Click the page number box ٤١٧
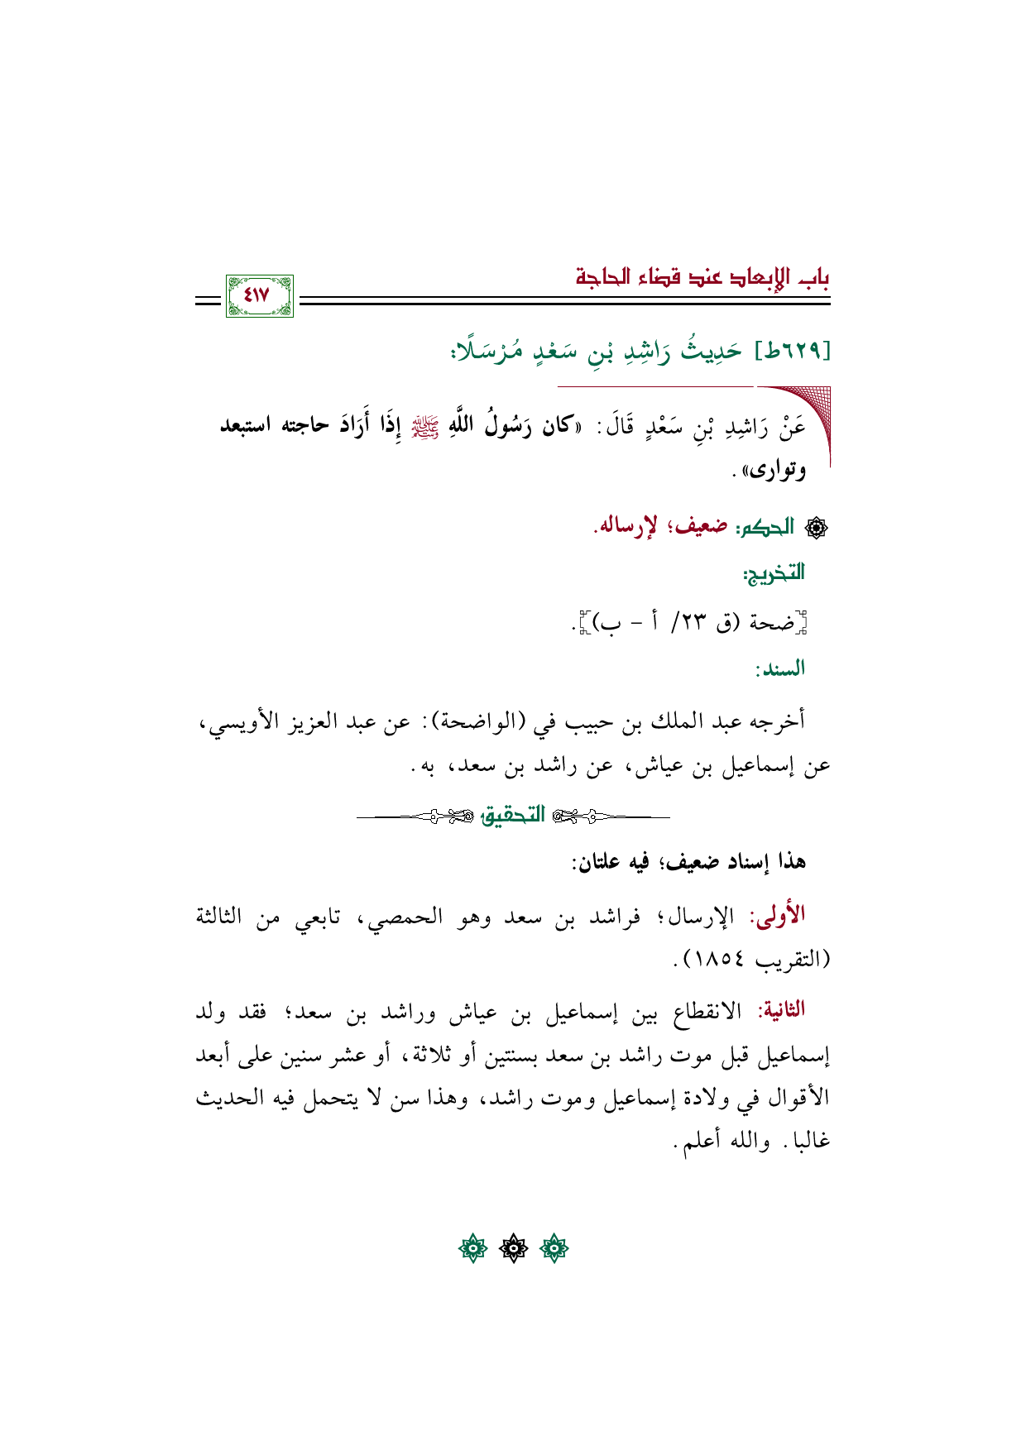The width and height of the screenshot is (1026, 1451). click(259, 295)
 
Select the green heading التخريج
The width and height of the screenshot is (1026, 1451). click(774, 572)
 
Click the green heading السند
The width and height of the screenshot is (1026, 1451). click(779, 668)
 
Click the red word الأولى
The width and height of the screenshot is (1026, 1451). click(777, 916)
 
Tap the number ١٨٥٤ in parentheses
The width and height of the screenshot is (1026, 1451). click(719, 960)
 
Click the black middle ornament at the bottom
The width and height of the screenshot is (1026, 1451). click(513, 1247)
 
